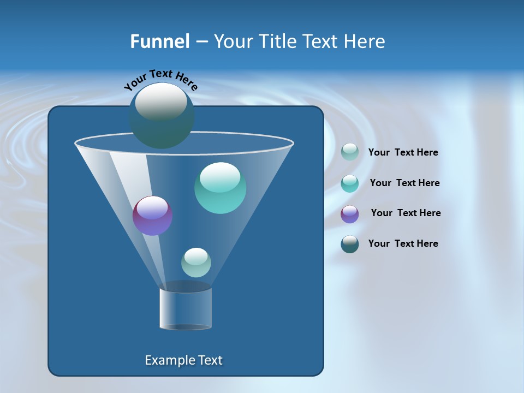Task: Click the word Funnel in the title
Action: pyautogui.click(x=159, y=41)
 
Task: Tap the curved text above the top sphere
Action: pyautogui.click(x=160, y=80)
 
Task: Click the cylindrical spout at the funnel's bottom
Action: pyautogui.click(x=186, y=308)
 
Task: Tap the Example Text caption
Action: pyautogui.click(x=184, y=360)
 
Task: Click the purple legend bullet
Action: pyautogui.click(x=350, y=214)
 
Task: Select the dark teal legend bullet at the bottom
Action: pyautogui.click(x=350, y=244)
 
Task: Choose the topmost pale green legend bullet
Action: pyautogui.click(x=350, y=152)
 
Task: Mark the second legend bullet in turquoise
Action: pyautogui.click(x=350, y=183)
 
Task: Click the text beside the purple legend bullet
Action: pyautogui.click(x=406, y=213)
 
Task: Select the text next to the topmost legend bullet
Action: pyautogui.click(x=403, y=152)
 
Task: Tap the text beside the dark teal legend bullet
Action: pyautogui.click(x=403, y=243)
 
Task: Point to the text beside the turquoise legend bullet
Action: pyautogui.click(x=404, y=183)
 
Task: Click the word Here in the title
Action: pyautogui.click(x=365, y=41)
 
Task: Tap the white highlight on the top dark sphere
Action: pyautogui.click(x=161, y=102)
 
